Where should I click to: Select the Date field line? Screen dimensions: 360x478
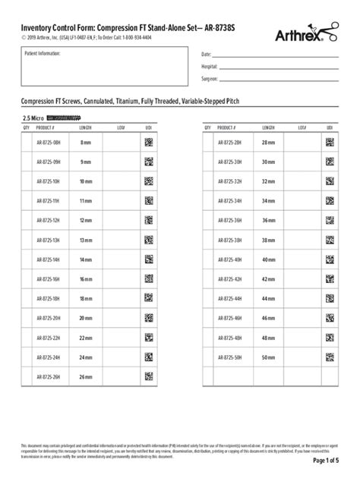coord(278,55)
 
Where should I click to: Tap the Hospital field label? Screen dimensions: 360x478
coord(211,67)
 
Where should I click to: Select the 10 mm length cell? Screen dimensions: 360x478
coord(85,181)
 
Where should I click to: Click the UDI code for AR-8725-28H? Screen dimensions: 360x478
coord(330,142)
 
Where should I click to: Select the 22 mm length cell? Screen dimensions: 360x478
coord(85,338)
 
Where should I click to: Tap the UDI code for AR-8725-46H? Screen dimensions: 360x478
coord(330,318)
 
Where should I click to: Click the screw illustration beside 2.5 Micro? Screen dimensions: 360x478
coord(63,119)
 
